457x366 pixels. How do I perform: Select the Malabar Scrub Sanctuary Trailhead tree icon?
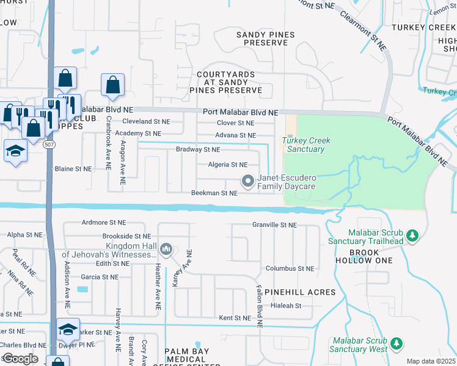point(412,235)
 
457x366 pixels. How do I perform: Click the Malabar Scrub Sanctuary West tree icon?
point(397,344)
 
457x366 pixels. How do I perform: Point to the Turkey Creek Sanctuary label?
point(307,145)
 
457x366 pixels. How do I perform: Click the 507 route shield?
point(50,145)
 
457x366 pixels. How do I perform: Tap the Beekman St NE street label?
point(214,193)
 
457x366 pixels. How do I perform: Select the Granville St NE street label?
point(274,225)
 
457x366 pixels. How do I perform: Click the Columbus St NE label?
point(290,268)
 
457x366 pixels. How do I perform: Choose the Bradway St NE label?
point(198,149)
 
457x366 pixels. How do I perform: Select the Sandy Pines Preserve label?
point(266,39)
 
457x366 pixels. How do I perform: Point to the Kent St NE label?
point(235,318)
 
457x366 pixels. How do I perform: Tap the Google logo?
point(20,359)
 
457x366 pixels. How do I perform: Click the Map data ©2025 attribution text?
point(431,361)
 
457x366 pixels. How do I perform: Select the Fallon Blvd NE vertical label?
point(259,307)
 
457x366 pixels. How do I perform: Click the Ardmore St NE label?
point(103,223)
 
